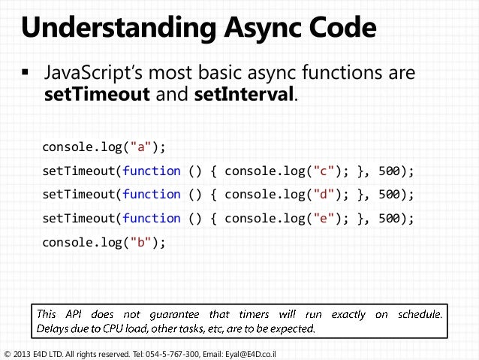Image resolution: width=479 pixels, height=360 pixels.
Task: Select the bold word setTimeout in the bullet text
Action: (91, 96)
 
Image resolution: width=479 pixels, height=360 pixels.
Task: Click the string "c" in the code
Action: (316, 171)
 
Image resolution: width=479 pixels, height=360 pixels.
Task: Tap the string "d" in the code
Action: (316, 194)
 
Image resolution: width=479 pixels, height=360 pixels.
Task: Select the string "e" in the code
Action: (316, 218)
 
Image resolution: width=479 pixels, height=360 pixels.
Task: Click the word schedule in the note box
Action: (418, 313)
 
